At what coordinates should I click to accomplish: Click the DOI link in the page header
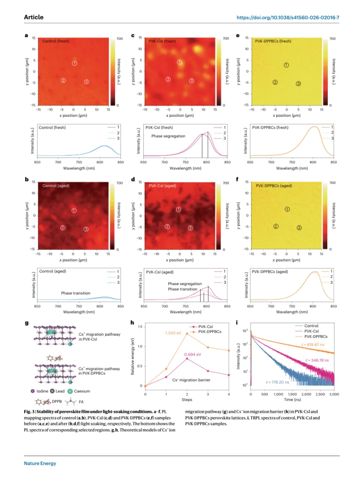coord(287,17)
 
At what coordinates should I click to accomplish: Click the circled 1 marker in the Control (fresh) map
coord(75,63)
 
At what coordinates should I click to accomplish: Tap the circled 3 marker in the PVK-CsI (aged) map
coord(190,228)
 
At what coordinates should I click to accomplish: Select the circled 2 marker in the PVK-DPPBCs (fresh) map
coord(275,82)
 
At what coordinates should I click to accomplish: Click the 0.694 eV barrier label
coord(193,354)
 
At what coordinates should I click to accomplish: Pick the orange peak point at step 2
coord(187,334)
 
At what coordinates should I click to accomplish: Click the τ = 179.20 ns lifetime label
coord(278,382)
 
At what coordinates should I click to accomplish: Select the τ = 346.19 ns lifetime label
coord(318,360)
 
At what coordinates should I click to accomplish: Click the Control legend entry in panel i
coord(311,326)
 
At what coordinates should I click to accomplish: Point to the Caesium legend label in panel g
coord(82,391)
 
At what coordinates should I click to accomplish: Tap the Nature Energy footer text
coord(40,463)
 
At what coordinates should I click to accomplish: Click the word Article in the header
coord(34,17)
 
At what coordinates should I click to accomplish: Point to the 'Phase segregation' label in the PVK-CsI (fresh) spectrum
coord(168,136)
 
